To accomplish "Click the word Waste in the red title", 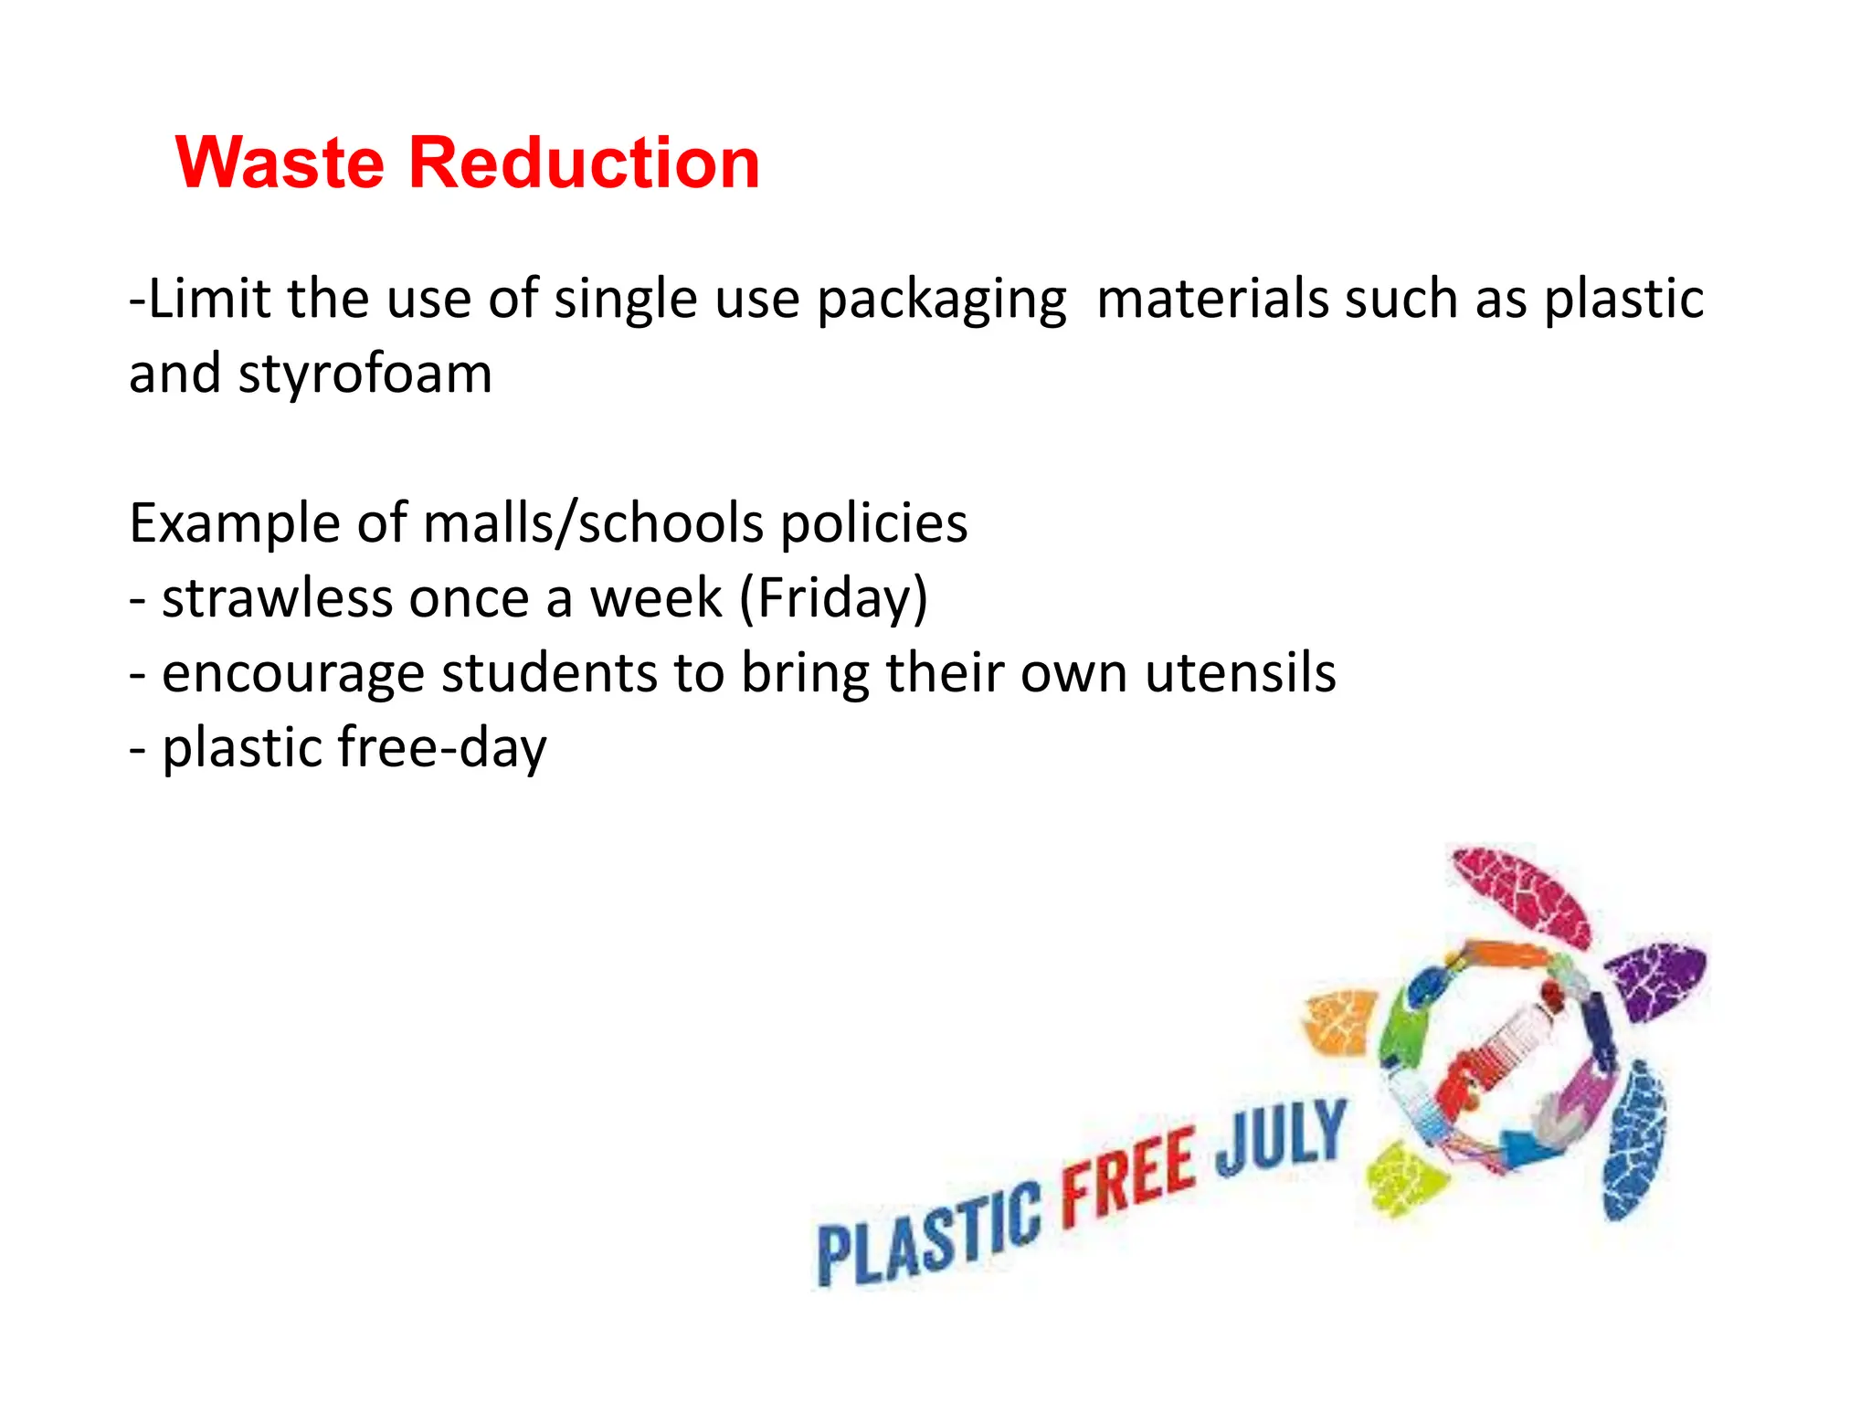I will [280, 164].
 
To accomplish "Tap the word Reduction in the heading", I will [584, 164].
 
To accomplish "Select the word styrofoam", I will [365, 374].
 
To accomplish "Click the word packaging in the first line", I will [941, 301].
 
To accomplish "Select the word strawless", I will [277, 599].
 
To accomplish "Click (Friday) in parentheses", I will [832, 599].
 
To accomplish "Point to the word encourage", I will [292, 674].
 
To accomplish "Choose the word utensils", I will [1240, 673].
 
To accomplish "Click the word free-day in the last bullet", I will [442, 748].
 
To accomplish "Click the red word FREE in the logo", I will [1128, 1174].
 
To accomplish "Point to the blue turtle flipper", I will [1634, 1142].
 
